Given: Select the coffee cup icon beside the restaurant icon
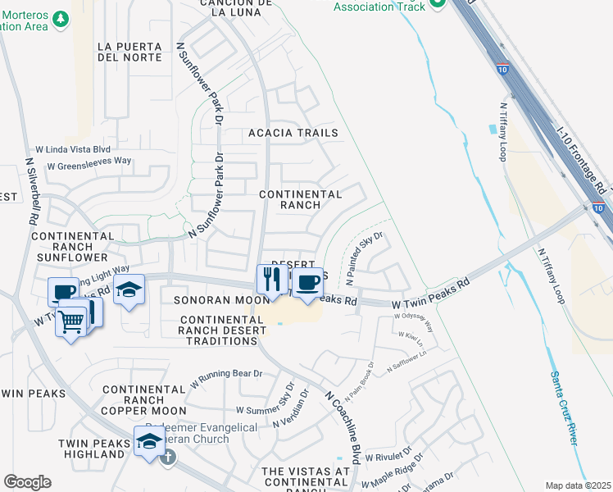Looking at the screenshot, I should coord(307,283).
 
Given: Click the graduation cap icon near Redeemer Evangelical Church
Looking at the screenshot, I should coord(148,442).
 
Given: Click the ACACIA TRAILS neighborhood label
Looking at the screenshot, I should coord(293,133).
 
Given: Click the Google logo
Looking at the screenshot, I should coord(27,482).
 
